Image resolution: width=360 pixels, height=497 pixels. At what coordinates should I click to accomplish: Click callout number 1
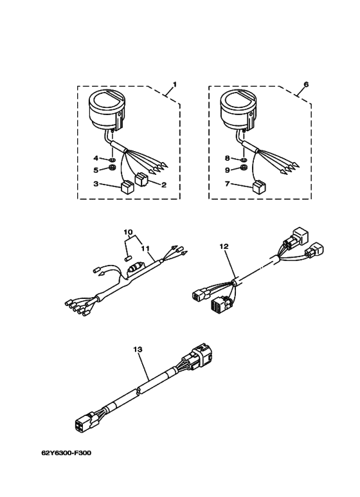174,85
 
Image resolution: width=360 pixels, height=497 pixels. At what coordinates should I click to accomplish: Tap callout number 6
306,85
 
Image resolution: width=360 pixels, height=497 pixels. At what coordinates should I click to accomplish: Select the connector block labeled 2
141,179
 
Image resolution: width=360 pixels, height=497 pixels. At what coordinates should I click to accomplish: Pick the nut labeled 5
112,168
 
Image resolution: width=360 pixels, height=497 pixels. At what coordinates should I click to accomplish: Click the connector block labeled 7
259,186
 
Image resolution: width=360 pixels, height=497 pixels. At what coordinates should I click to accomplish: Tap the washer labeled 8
244,159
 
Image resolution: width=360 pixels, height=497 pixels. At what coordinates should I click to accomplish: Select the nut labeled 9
244,168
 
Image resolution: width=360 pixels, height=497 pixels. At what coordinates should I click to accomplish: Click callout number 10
129,232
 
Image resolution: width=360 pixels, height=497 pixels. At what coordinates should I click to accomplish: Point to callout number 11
145,248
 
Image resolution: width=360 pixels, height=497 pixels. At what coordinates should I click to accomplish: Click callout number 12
224,246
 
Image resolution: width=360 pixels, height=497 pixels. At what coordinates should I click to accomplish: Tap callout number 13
138,349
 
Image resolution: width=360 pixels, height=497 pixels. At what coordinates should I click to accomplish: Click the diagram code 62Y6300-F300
66,453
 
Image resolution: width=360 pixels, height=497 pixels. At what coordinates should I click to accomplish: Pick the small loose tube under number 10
127,258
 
